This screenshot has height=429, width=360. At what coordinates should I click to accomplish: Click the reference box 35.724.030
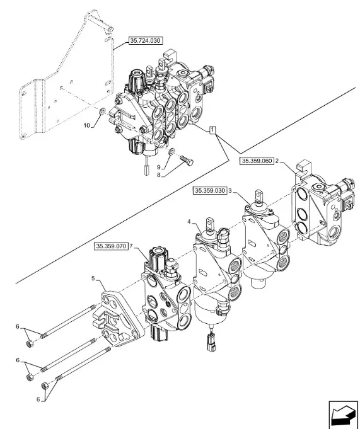[x=145, y=41]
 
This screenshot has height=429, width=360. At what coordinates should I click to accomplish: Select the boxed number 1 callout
[x=212, y=130]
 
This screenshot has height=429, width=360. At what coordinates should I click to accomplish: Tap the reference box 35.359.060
[x=257, y=161]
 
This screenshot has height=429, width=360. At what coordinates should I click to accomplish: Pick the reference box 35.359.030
[x=210, y=191]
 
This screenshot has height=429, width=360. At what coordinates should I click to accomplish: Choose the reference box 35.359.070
[x=111, y=246]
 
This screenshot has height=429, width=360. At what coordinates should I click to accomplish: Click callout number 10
[x=86, y=125]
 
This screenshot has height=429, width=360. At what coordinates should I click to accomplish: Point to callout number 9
[x=158, y=167]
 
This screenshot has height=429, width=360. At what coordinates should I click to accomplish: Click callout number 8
[x=158, y=175]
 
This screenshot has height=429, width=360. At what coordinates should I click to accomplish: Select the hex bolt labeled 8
[x=187, y=161]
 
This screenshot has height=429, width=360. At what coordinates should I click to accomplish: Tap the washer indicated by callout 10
[x=103, y=112]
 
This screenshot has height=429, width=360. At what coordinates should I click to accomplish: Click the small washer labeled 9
[x=171, y=151]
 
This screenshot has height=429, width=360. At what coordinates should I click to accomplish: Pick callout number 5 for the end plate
[x=93, y=278]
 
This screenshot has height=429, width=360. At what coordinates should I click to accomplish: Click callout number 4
[x=189, y=222]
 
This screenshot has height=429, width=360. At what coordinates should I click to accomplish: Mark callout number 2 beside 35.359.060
[x=277, y=161]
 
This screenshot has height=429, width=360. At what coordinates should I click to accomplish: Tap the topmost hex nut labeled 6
[x=30, y=343]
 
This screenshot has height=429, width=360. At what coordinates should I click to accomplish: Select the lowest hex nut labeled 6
[x=45, y=386]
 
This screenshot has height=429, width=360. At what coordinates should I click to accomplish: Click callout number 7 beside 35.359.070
[x=131, y=246]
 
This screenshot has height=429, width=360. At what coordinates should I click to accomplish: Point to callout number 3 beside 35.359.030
[x=230, y=191]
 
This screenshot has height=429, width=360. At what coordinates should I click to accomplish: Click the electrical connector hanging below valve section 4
[x=212, y=341]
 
